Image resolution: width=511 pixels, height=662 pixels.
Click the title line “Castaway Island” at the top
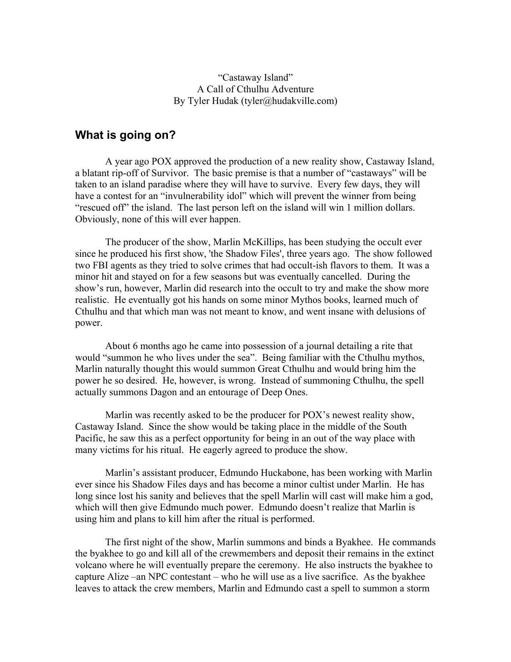255,77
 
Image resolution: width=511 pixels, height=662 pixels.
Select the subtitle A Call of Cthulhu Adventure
255,89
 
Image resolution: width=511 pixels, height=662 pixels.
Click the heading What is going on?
125,135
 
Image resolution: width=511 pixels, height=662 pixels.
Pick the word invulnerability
211,196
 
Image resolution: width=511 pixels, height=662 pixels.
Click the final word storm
418,589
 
